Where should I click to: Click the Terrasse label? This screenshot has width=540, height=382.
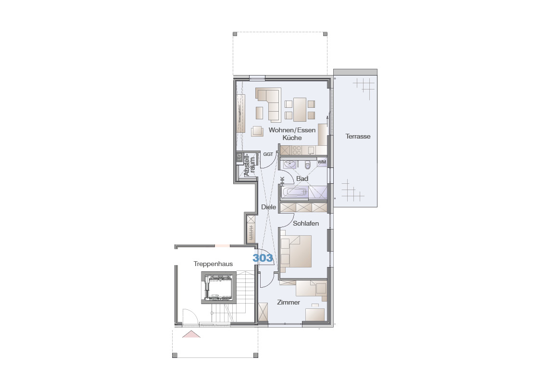click(x=358, y=137)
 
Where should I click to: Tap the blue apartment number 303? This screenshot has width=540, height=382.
click(x=263, y=258)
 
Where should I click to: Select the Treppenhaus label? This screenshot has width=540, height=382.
click(x=213, y=264)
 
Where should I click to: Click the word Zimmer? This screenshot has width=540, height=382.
click(x=289, y=302)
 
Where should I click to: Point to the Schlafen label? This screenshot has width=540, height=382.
click(x=306, y=223)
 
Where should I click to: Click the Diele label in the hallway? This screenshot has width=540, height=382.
click(x=269, y=207)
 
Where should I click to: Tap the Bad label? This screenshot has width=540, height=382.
click(x=302, y=178)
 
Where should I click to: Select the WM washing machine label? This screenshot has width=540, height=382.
click(x=322, y=162)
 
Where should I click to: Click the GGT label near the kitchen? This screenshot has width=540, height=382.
click(x=268, y=154)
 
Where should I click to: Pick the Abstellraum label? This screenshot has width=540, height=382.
click(x=250, y=165)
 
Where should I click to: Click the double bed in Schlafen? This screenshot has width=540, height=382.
click(x=296, y=252)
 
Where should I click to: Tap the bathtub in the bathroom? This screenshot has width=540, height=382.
click(x=295, y=192)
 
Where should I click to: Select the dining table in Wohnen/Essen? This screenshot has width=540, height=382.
click(x=300, y=110)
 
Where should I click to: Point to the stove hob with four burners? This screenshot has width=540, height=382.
click(x=297, y=150)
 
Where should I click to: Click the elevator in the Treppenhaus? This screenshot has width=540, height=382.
click(x=218, y=288)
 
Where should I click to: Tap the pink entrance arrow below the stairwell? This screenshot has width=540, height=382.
click(x=191, y=334)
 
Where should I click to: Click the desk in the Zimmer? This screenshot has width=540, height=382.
click(x=315, y=315)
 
